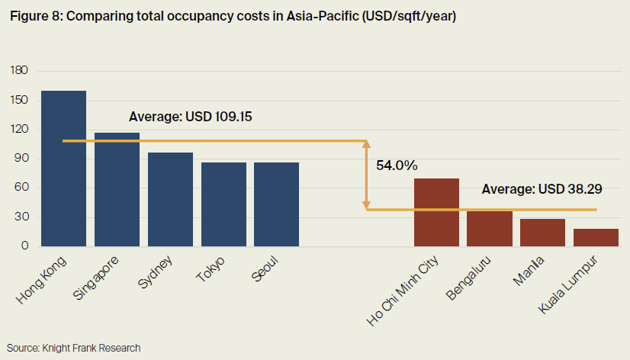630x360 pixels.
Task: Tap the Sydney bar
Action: pyautogui.click(x=170, y=199)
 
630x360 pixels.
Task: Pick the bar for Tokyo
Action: pyautogui.click(x=223, y=204)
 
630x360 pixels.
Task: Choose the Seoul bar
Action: pyautogui.click(x=276, y=204)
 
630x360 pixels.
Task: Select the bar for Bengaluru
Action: pyautogui.click(x=490, y=228)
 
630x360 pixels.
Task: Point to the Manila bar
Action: pyautogui.click(x=542, y=232)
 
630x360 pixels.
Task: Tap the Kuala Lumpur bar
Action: pyautogui.click(x=596, y=237)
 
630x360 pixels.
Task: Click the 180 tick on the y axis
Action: pyautogui.click(x=19, y=71)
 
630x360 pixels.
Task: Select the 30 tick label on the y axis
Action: pyautogui.click(x=22, y=217)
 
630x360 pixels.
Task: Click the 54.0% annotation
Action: pyautogui.click(x=397, y=166)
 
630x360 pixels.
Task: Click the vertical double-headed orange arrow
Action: pyautogui.click(x=367, y=175)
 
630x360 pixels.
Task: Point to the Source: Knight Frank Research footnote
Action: pyautogui.click(x=75, y=348)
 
